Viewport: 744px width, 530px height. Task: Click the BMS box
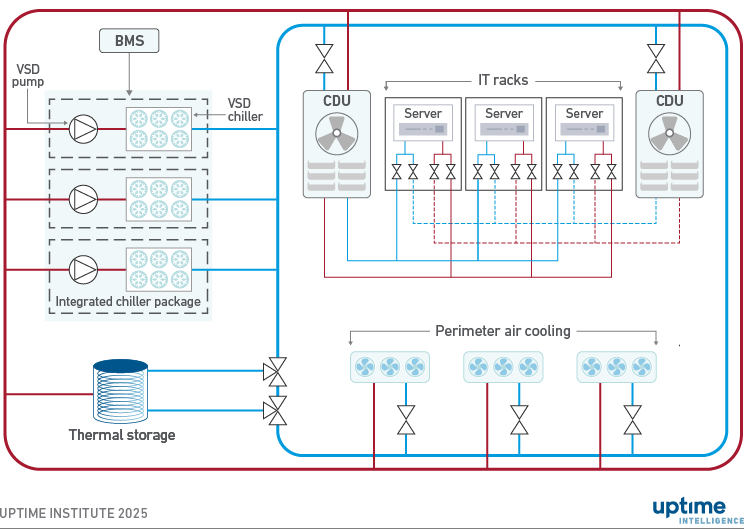click(129, 41)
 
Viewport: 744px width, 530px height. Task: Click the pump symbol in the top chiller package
click(83, 128)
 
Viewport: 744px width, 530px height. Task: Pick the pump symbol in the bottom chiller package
click(83, 269)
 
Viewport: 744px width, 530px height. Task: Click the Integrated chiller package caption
click(128, 301)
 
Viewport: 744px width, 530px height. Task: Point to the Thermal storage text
click(122, 435)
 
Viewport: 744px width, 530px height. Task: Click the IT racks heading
click(503, 80)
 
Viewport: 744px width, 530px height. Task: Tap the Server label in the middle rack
click(504, 113)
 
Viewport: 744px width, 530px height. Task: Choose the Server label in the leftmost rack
click(423, 113)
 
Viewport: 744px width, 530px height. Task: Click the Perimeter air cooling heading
click(503, 331)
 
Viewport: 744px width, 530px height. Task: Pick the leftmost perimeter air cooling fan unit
click(390, 368)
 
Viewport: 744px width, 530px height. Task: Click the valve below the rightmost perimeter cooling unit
click(631, 419)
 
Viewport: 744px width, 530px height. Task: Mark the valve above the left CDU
click(324, 59)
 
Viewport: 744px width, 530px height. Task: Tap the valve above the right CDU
click(656, 59)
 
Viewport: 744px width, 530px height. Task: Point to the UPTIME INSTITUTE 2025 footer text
click(74, 513)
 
